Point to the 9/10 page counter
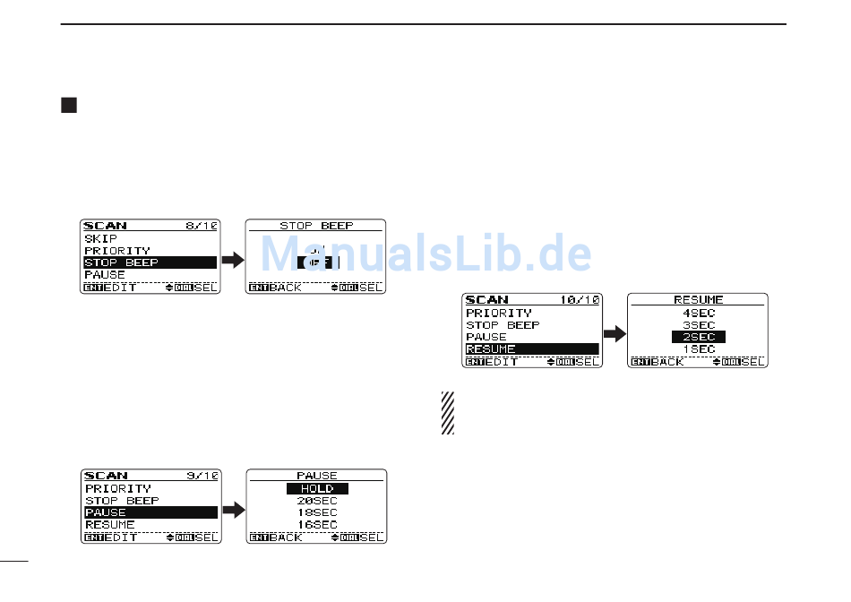pyautogui.click(x=202, y=476)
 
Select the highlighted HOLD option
pyautogui.click(x=317, y=488)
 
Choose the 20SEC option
pyautogui.click(x=317, y=501)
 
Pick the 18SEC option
pyautogui.click(x=317, y=512)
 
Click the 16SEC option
pyautogui.click(x=317, y=524)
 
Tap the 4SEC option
pyautogui.click(x=699, y=314)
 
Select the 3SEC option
pyautogui.click(x=699, y=325)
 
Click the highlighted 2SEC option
pyautogui.click(x=699, y=337)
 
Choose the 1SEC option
pyautogui.click(x=699, y=348)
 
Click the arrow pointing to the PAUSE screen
pyautogui.click(x=233, y=510)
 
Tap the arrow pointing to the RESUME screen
pyautogui.click(x=614, y=334)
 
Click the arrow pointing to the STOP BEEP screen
pyautogui.click(x=233, y=260)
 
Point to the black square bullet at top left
pyautogui.click(x=68, y=106)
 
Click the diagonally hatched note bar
pyautogui.click(x=447, y=413)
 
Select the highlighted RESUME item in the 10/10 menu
pyautogui.click(x=531, y=348)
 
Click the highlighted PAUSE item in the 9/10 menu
pyautogui.click(x=150, y=512)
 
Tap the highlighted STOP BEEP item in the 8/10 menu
pyautogui.click(x=150, y=262)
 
